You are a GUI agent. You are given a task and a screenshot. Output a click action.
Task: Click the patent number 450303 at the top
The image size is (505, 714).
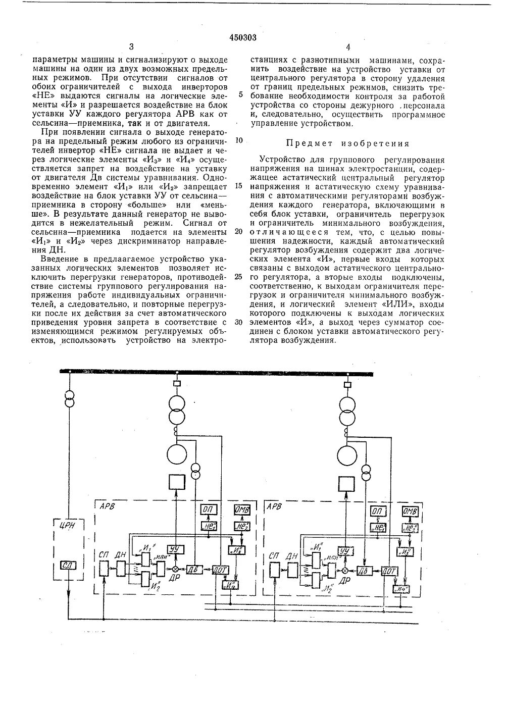pyautogui.click(x=243, y=37)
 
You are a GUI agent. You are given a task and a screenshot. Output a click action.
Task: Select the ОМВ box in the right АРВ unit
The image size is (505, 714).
pyautogui.click(x=410, y=512)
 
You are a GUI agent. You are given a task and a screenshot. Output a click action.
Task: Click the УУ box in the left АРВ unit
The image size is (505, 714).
pyautogui.click(x=175, y=549)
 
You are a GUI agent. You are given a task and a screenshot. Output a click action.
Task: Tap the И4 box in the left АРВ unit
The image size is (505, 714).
pyautogui.click(x=231, y=585)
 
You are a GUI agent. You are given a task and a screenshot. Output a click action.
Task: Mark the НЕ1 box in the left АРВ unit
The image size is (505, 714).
pyautogui.click(x=209, y=527)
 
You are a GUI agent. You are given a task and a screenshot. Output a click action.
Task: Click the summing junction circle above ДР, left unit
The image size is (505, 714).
pyautogui.click(x=175, y=569)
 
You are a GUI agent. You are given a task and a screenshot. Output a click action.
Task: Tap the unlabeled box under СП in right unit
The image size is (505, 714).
pyautogui.click(x=274, y=571)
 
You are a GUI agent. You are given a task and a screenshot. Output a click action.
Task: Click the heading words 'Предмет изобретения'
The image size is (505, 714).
pyautogui.click(x=348, y=143)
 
